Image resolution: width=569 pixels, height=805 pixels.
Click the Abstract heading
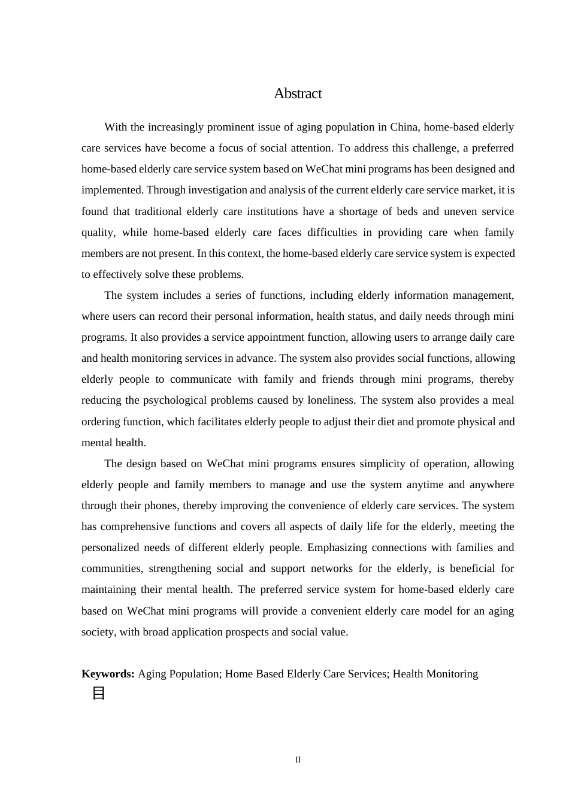tap(298, 93)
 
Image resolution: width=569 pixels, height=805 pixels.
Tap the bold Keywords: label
tap(108, 674)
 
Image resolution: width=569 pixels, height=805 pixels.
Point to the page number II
tap(298, 760)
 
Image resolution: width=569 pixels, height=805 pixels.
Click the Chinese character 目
tap(99, 694)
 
